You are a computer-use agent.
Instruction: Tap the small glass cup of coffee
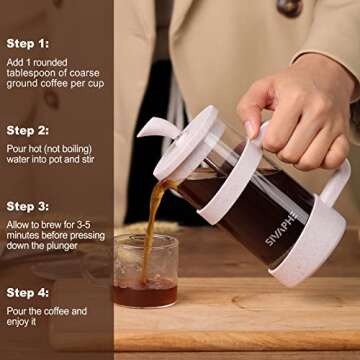coord(145,272)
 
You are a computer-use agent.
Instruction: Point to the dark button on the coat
coord(290,7)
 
